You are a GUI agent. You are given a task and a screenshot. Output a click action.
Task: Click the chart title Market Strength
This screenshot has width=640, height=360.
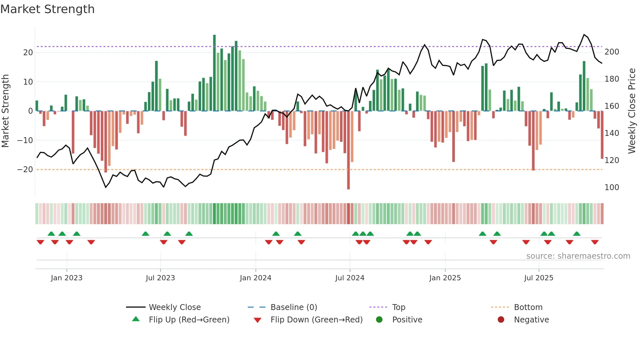pyautogui.click(x=47, y=9)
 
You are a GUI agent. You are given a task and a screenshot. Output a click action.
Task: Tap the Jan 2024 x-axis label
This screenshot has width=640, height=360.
pyautogui.click(x=255, y=278)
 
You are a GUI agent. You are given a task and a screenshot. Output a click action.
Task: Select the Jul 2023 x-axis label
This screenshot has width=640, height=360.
pyautogui.click(x=160, y=278)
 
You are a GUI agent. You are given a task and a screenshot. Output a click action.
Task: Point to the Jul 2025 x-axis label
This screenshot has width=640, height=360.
pyautogui.click(x=538, y=278)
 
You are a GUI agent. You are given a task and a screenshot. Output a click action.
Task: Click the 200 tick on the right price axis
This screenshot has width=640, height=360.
pyautogui.click(x=612, y=52)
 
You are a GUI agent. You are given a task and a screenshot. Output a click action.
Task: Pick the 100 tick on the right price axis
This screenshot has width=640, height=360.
pyautogui.click(x=612, y=188)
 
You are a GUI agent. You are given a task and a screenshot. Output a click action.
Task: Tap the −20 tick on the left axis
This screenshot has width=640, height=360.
pyautogui.click(x=25, y=170)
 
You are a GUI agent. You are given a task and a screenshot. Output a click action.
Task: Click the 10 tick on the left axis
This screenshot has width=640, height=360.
pyautogui.click(x=28, y=82)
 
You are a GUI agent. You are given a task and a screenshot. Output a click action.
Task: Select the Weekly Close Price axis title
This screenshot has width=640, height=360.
pyautogui.click(x=632, y=111)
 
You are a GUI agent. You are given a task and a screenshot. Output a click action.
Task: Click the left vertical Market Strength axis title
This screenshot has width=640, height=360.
pyautogui.click(x=5, y=111)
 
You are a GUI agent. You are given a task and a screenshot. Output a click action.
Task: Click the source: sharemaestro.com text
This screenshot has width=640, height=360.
pyautogui.click(x=578, y=256)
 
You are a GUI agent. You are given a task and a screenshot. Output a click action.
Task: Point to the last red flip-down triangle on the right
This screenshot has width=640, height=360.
pyautogui.click(x=595, y=242)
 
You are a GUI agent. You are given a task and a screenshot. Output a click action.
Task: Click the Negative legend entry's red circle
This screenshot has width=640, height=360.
pyautogui.click(x=501, y=320)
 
